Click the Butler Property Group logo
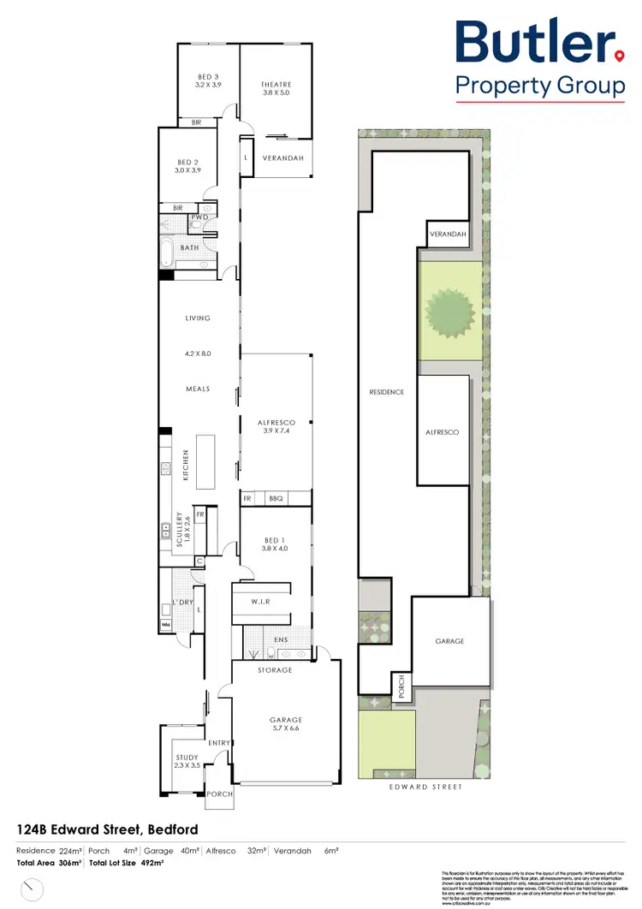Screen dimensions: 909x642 539,60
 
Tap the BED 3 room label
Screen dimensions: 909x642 208,80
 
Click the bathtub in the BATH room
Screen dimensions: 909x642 168,254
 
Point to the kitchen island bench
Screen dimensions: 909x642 205,461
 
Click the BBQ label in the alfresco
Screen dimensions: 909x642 276,498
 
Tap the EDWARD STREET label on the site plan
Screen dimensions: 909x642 425,787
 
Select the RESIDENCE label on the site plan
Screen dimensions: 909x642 386,392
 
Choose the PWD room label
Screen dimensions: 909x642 199,217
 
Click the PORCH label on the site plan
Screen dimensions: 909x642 398,687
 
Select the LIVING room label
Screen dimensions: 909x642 198,318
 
